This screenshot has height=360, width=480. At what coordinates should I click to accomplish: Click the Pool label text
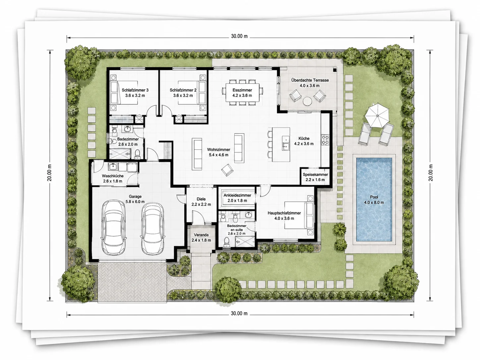pos(374,197)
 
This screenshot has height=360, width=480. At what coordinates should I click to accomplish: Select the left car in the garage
pos(114,227)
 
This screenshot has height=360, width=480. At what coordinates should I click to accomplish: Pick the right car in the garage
pos(152,229)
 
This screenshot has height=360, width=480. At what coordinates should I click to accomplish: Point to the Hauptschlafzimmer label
pos(284,213)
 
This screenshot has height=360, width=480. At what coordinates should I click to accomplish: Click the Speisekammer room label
pos(315,174)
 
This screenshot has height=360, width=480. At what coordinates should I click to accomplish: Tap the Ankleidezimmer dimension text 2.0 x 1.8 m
pos(237,201)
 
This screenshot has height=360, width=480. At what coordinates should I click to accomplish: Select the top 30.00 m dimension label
pos(239,36)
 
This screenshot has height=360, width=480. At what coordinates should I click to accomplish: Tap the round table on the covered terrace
pos(307,101)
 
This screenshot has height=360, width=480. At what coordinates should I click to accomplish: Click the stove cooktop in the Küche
pos(325,140)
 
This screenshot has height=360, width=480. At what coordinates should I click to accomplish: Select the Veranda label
pos(201,235)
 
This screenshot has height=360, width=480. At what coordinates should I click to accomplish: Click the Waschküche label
pos(113,176)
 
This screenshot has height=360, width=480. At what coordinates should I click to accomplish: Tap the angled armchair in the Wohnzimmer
pos(227,170)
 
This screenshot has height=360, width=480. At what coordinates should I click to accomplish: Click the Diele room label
pos(201,199)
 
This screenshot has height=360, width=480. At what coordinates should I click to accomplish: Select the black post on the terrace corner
pos(334,70)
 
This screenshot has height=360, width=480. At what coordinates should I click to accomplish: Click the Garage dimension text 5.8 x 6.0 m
pos(135,202)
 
